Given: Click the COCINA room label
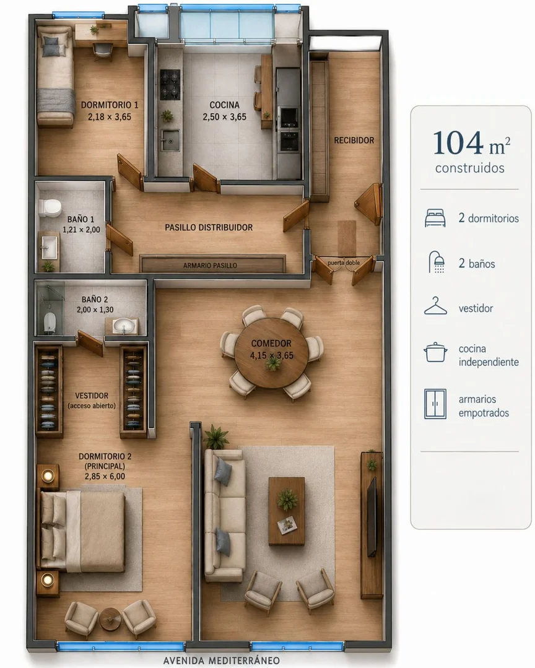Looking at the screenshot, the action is pyautogui.click(x=225, y=105).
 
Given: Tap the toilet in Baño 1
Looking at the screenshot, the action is pyautogui.click(x=50, y=207).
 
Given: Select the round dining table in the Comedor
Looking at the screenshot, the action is pyautogui.click(x=271, y=353).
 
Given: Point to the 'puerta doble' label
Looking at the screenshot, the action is pyautogui.click(x=344, y=263).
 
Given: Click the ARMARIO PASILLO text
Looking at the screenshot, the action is pyautogui.click(x=210, y=266).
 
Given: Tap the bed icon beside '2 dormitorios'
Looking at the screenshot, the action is pyautogui.click(x=435, y=218).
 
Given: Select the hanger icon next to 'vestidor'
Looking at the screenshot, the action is pyautogui.click(x=435, y=306).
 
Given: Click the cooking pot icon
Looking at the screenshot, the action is pyautogui.click(x=435, y=352).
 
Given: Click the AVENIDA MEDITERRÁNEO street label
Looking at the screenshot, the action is pyautogui.click(x=222, y=661).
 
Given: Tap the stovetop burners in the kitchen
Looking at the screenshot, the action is pyautogui.click(x=170, y=84).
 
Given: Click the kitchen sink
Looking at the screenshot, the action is pyautogui.click(x=170, y=140).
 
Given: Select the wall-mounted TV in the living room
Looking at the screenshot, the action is pyautogui.click(x=372, y=516).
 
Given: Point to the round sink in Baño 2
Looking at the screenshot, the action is pyautogui.click(x=124, y=327).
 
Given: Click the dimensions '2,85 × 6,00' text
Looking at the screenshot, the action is pyautogui.click(x=105, y=476).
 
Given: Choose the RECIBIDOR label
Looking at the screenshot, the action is pyautogui.click(x=354, y=140).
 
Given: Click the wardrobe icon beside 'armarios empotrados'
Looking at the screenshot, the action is pyautogui.click(x=435, y=404).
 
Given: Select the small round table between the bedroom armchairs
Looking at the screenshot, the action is pyautogui.click(x=110, y=618).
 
